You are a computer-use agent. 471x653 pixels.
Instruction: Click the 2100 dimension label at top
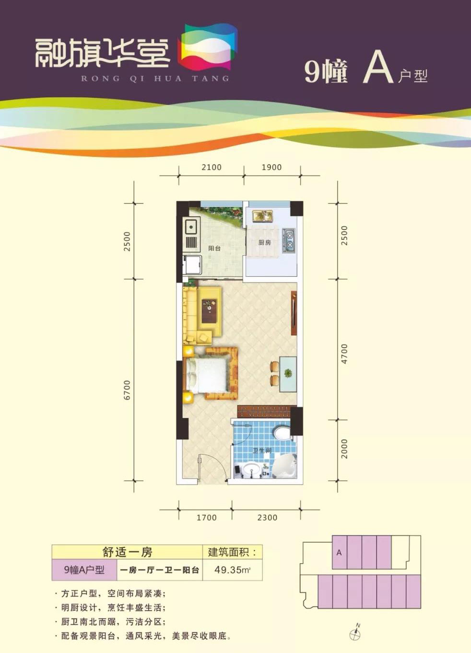212,167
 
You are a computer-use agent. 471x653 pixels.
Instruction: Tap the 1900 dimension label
271,167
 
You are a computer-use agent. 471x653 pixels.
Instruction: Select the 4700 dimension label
344,354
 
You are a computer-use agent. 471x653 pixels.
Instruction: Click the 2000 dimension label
344,449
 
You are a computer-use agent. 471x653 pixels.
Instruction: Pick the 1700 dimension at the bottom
207,518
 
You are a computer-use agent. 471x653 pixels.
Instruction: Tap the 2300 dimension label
267,518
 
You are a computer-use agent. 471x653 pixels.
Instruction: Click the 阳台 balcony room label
214,249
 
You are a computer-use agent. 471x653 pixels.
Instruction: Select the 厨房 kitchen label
265,242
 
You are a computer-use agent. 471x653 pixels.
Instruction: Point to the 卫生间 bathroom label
262,451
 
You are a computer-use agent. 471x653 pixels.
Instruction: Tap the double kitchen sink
263,216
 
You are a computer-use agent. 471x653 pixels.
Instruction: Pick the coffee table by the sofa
210,311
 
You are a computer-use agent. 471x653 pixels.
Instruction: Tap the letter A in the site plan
339,553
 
